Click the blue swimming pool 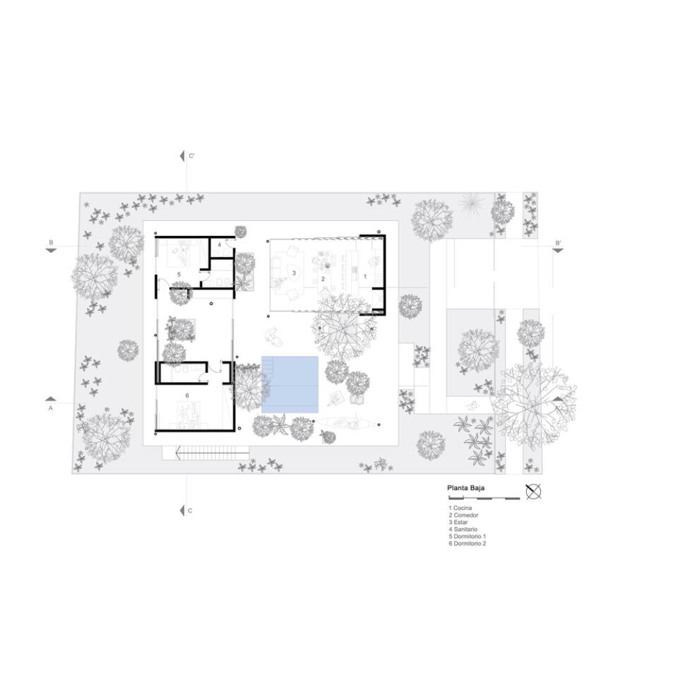tap(290, 384)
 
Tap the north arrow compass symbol tap(534, 492)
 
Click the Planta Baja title tap(465, 488)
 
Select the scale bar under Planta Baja tap(484, 498)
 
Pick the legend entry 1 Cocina tap(460, 508)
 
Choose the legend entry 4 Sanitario tap(463, 529)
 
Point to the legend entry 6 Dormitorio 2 tap(467, 544)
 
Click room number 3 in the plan tap(294, 273)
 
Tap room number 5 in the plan tap(179, 275)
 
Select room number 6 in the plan tap(187, 395)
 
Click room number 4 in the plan tap(219, 245)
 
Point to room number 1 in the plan tap(365, 276)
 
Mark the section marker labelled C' tap(186, 156)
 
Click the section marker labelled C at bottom tap(186, 511)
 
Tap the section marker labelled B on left tap(51, 246)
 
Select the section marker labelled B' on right tap(558, 246)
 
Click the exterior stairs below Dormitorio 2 tap(206, 453)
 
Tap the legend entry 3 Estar tap(458, 523)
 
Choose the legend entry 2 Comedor tap(463, 515)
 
